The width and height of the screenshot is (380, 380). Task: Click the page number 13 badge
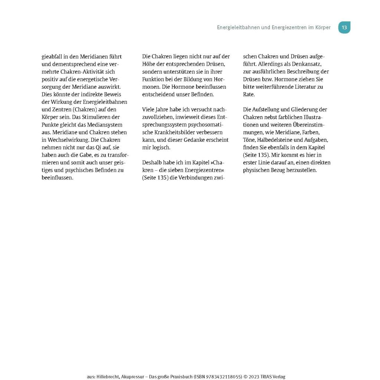(344, 27)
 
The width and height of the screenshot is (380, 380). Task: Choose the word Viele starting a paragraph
(149, 109)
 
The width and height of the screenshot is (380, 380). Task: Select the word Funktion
(153, 79)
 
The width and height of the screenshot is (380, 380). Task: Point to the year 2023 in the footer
(255, 377)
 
